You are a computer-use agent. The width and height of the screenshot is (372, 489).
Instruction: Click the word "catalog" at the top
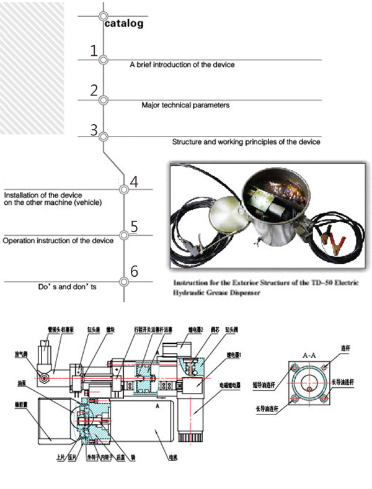click(x=124, y=24)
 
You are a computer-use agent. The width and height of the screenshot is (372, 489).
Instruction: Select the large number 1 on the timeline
click(x=94, y=51)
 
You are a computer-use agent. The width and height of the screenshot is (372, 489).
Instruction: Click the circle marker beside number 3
click(x=104, y=137)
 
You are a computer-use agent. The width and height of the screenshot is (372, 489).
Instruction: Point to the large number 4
click(x=133, y=182)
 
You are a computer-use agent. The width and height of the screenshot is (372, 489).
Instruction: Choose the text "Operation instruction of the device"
click(x=58, y=240)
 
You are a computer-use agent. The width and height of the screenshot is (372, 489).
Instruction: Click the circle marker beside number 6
click(x=124, y=281)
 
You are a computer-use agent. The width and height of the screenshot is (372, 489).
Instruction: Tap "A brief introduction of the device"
click(x=182, y=65)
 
